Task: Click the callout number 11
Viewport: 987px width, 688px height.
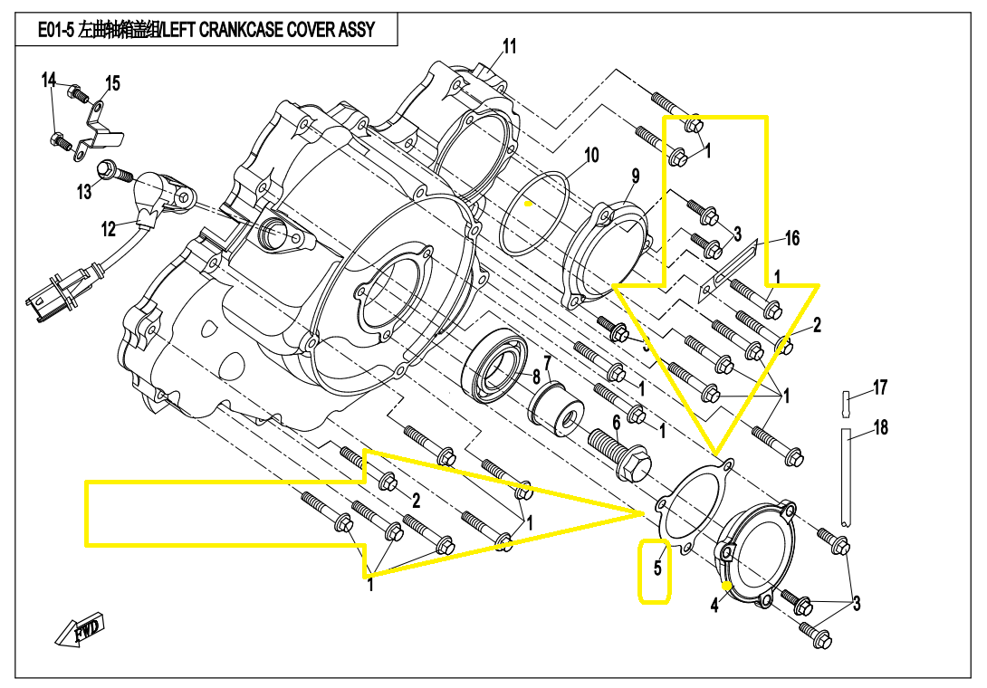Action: [510, 46]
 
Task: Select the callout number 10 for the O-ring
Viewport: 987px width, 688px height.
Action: [590, 156]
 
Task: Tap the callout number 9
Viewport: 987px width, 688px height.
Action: [636, 176]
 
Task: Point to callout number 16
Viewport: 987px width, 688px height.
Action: [792, 238]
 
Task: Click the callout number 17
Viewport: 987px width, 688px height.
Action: [879, 388]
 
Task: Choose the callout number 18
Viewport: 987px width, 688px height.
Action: [880, 427]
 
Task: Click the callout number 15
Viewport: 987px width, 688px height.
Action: [112, 84]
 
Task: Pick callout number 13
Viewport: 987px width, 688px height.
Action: [84, 192]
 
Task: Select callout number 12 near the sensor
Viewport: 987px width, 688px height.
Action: [109, 229]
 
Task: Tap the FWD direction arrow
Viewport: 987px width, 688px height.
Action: [81, 630]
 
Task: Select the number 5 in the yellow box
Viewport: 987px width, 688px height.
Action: [657, 569]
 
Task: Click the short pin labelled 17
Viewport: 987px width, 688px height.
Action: [845, 399]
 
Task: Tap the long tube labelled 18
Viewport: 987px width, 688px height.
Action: [846, 480]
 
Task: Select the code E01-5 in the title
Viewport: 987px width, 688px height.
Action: [57, 30]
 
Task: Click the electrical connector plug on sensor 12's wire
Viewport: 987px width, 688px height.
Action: [43, 301]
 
